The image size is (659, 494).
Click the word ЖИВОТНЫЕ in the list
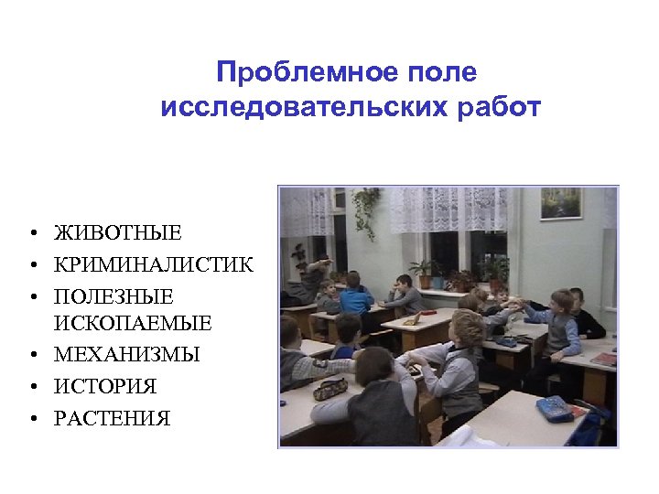118,234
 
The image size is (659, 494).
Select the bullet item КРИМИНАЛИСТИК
154,265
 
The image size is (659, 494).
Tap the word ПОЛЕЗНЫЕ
113,297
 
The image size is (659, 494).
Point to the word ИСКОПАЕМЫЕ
133,323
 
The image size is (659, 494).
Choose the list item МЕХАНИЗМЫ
127,354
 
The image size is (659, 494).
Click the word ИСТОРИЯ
105,386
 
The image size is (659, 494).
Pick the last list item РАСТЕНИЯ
113,419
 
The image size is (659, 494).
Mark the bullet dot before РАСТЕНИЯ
31,420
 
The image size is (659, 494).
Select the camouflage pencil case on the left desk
329,388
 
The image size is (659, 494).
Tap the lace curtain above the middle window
444,209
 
